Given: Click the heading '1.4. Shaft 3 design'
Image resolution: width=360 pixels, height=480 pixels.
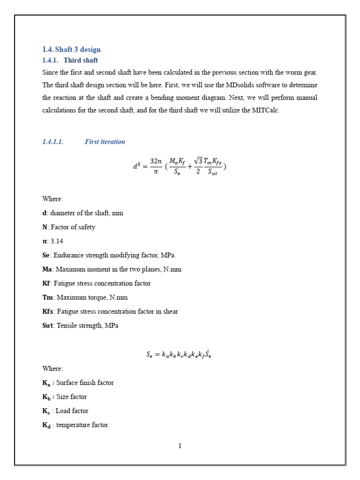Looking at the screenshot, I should [71, 50].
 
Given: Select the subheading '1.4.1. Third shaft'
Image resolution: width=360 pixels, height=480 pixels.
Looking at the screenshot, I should [70, 60].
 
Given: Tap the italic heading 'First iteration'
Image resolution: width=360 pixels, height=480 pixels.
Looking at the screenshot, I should [105, 142].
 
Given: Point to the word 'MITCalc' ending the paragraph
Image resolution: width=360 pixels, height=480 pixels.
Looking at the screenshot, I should [268, 111].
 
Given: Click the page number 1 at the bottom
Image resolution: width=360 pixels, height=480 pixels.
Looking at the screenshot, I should [180, 446].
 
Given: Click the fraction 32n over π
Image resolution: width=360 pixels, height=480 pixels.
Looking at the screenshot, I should [156, 166].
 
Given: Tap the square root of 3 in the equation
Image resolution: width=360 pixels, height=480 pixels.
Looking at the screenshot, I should [198, 161].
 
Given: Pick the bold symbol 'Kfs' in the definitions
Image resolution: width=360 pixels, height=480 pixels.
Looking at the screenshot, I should [48, 311].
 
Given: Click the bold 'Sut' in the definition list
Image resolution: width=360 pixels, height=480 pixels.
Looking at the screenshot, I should [47, 325].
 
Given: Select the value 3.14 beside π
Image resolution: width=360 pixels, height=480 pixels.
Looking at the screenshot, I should [57, 241].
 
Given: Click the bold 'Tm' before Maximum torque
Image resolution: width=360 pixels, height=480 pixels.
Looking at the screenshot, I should [47, 297].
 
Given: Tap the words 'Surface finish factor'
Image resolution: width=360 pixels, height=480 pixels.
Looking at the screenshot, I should [85, 382].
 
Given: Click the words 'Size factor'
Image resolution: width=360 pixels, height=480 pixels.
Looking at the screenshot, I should [71, 397].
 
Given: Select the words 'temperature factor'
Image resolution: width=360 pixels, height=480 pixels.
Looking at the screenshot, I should [82, 425].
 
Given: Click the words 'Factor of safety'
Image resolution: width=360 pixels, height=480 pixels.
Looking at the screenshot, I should [73, 227].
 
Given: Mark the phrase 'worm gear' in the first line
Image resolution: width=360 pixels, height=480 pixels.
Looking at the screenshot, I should [302, 72].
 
